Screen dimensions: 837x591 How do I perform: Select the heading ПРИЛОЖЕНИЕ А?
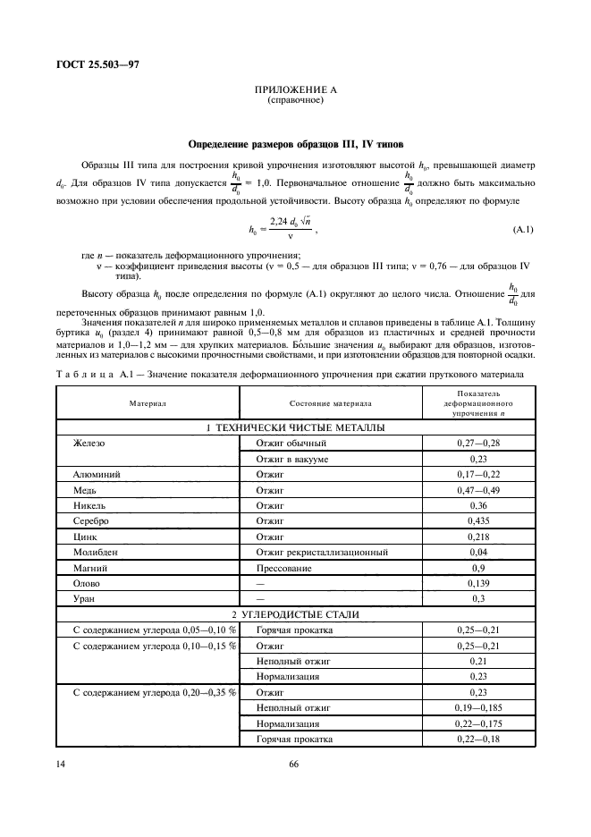(294, 92)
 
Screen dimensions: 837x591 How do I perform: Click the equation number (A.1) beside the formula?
(523, 231)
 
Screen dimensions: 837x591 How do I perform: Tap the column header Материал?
(148, 403)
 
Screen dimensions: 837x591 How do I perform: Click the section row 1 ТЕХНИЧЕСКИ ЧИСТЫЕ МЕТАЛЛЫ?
(295, 428)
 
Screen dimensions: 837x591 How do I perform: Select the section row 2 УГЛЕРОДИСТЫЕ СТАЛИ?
(295, 613)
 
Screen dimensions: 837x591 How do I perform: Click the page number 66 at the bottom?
(294, 764)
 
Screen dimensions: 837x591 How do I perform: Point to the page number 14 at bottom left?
(60, 764)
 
